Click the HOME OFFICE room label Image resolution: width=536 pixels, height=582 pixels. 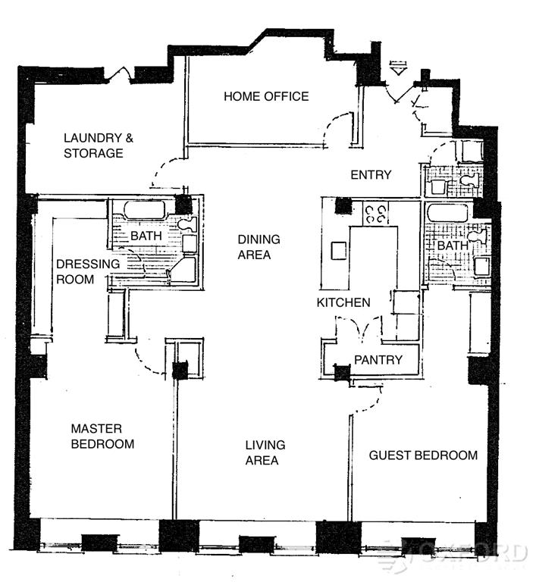click(x=266, y=96)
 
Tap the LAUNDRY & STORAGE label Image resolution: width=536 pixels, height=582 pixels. click(x=93, y=145)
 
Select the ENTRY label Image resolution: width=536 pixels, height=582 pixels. click(x=371, y=175)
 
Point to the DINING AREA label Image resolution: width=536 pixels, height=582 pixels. click(x=259, y=247)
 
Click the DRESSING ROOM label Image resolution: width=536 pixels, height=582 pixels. click(x=88, y=271)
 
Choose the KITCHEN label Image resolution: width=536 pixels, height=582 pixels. click(x=343, y=302)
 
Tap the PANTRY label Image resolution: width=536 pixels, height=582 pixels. click(x=378, y=360)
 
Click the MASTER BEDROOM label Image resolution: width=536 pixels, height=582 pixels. click(x=102, y=436)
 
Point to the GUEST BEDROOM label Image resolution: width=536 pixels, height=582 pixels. click(x=423, y=455)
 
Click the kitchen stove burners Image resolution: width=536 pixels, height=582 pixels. click(x=377, y=211)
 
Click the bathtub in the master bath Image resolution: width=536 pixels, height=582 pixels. click(x=144, y=211)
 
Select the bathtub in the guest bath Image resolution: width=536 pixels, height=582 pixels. click(x=447, y=211)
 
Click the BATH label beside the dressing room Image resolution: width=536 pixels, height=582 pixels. click(x=146, y=236)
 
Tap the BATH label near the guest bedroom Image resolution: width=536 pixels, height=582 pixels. click(x=453, y=246)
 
